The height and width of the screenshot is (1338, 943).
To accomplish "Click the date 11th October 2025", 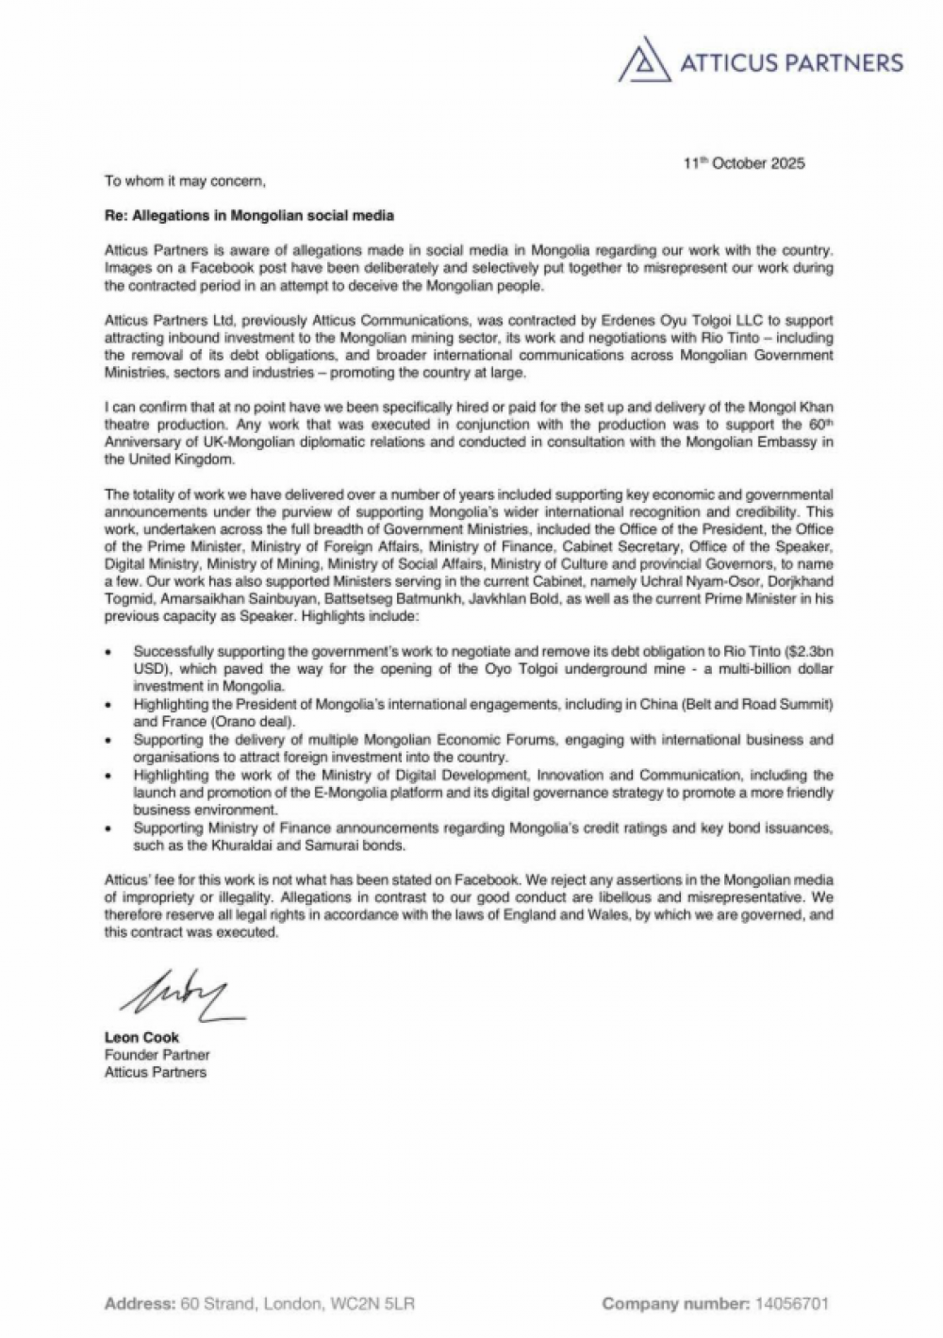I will click(745, 163).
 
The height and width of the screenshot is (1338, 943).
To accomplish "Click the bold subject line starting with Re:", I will click(249, 215).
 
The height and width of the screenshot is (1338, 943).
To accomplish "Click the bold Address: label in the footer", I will click(140, 1304).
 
